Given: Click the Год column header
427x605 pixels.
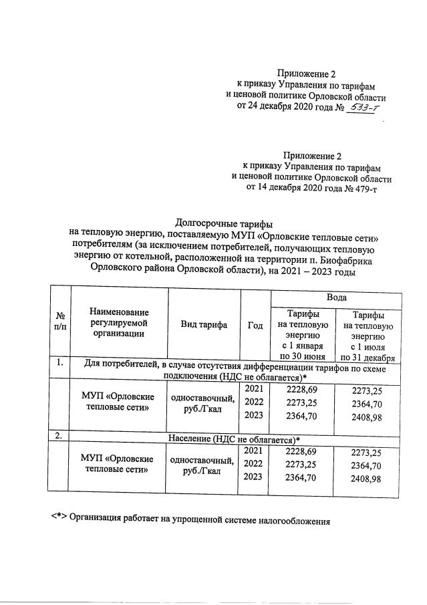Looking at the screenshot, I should click(x=254, y=325).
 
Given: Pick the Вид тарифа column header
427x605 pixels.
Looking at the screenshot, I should click(x=204, y=325).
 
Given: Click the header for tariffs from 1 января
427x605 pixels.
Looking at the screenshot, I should click(x=302, y=334).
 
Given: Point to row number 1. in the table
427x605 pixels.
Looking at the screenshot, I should click(x=60, y=364).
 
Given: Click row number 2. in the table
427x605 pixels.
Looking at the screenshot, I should click(x=60, y=436).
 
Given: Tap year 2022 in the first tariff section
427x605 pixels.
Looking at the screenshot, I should click(x=254, y=403).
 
